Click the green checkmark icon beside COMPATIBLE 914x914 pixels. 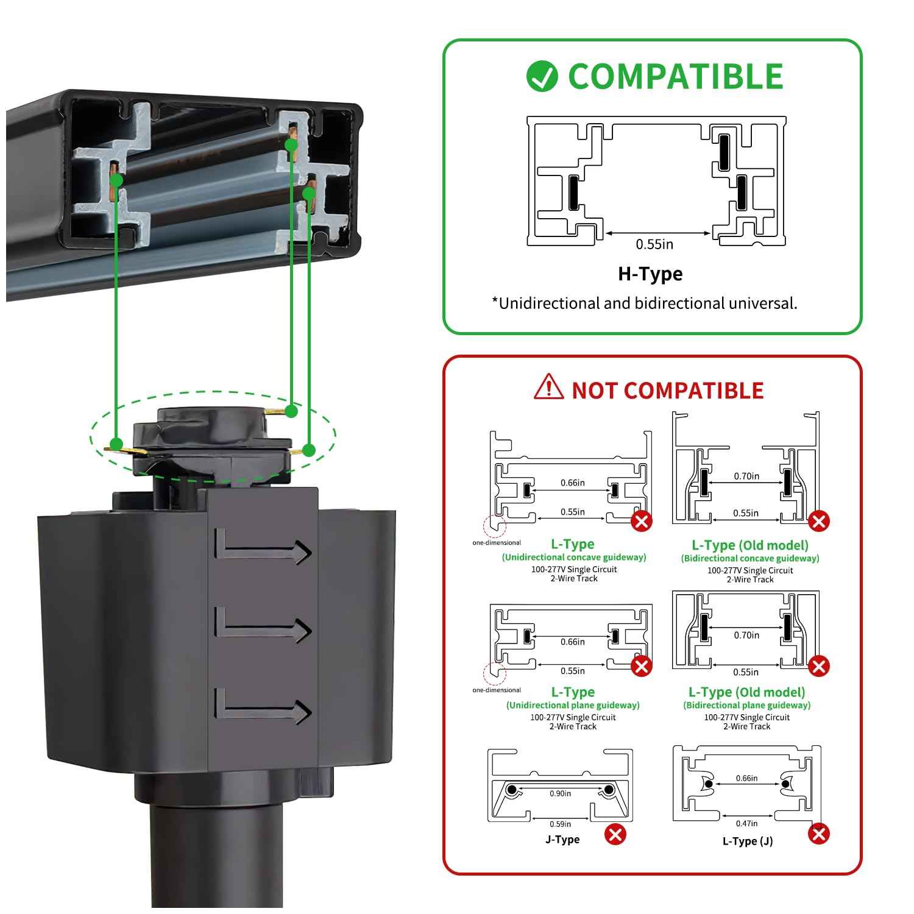coord(542,77)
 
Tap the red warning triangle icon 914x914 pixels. coord(548,388)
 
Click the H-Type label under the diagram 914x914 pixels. coord(650,274)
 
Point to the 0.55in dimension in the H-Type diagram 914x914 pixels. coord(654,244)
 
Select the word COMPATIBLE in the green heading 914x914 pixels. coord(675,77)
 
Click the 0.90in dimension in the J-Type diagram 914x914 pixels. coord(560,793)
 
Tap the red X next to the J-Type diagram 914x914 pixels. coord(615,834)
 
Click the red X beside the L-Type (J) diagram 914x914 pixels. coord(819,834)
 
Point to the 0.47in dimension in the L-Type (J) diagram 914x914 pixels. coord(746,823)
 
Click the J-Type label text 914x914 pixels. coord(562,840)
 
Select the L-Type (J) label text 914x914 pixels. coord(748,841)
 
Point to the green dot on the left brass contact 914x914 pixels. coord(116,443)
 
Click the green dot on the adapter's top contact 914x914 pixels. coord(291,411)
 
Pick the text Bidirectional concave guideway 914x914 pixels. coord(750,558)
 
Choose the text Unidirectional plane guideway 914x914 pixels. coord(573,705)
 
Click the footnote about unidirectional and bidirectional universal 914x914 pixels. coord(645,303)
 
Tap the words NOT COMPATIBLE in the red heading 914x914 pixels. coord(667,391)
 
